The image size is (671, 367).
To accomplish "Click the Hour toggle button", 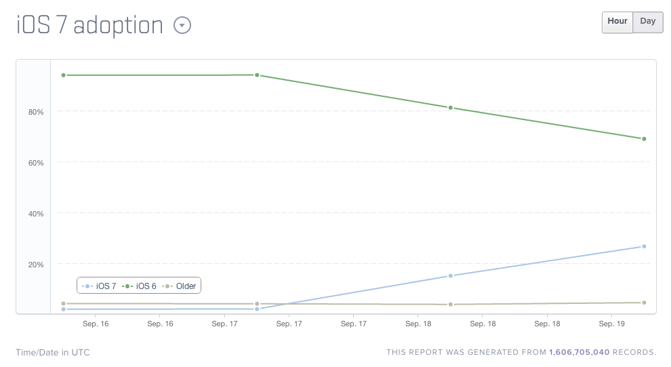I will click(617, 21).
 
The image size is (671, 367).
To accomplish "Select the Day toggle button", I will click(648, 21).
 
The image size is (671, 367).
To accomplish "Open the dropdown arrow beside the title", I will click(182, 26).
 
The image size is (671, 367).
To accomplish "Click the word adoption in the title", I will click(118, 26).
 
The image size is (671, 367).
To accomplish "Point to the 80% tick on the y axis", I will click(36, 112).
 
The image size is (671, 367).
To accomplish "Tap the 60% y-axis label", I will click(36, 163).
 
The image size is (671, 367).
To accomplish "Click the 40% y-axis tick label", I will click(36, 214).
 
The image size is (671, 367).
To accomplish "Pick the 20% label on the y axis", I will click(36, 265).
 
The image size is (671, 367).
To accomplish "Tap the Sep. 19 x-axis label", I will click(612, 324).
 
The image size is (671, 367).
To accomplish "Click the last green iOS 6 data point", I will click(644, 139).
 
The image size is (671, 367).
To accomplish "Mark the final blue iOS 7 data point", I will click(644, 246).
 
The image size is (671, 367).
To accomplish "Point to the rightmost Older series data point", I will click(644, 303).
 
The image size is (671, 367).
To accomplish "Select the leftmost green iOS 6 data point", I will click(63, 75).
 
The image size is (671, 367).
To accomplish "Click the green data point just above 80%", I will click(451, 108).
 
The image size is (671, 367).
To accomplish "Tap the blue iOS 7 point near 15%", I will click(451, 276).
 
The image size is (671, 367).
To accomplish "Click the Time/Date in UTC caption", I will click(53, 353).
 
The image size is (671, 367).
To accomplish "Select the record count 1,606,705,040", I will click(579, 353).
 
